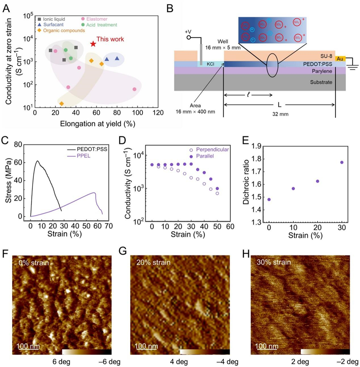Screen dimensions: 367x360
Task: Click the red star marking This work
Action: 93,44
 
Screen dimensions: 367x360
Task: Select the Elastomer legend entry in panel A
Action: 97,19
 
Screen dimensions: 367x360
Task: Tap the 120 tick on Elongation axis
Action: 157,113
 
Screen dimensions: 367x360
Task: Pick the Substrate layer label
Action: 321,82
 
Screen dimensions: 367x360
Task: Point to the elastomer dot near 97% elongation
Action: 134,89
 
